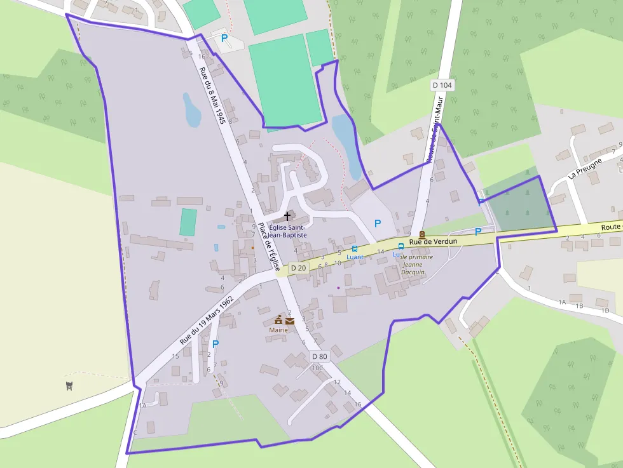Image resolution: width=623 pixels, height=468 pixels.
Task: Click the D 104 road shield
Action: (442, 85)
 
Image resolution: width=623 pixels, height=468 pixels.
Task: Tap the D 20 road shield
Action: (298, 269)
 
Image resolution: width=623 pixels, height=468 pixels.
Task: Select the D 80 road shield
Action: (319, 357)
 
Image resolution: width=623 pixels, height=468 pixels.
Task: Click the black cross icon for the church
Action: (287, 217)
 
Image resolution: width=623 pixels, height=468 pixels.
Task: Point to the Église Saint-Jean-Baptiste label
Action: (287, 231)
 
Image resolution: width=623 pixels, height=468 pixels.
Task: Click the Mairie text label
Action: (278, 330)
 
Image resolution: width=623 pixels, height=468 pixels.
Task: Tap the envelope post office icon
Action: (290, 321)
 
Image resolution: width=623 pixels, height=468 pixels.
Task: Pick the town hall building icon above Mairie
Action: (278, 320)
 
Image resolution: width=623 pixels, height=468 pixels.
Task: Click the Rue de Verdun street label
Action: (434, 242)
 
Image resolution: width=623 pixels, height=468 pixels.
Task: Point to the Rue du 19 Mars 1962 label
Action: (206, 319)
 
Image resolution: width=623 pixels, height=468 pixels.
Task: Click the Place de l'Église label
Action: (270, 248)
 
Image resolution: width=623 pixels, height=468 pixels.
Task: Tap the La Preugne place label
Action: (584, 169)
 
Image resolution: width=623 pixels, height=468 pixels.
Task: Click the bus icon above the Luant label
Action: (355, 248)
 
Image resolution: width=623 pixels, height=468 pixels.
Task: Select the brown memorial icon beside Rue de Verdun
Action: (421, 234)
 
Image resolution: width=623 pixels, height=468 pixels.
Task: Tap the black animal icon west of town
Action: (69, 385)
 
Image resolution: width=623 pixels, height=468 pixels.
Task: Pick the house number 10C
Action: (317, 368)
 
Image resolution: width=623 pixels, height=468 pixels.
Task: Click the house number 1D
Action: (605, 311)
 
